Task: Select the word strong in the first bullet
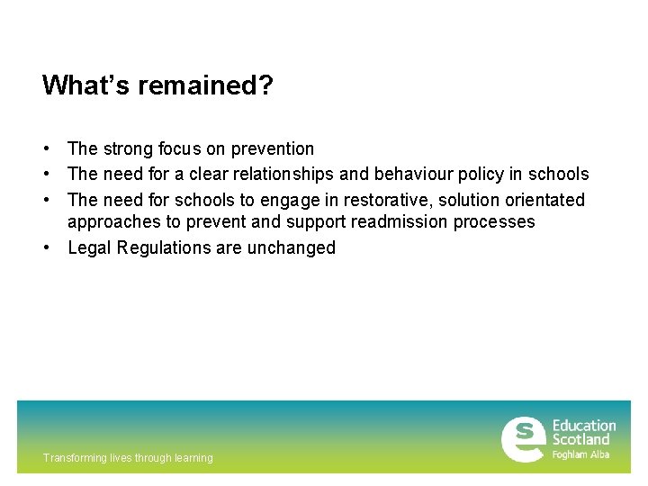129,148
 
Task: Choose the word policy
484,174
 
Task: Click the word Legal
88,247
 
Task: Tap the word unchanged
291,247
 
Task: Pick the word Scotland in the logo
580,440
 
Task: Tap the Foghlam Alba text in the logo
580,455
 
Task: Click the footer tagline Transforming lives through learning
128,458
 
